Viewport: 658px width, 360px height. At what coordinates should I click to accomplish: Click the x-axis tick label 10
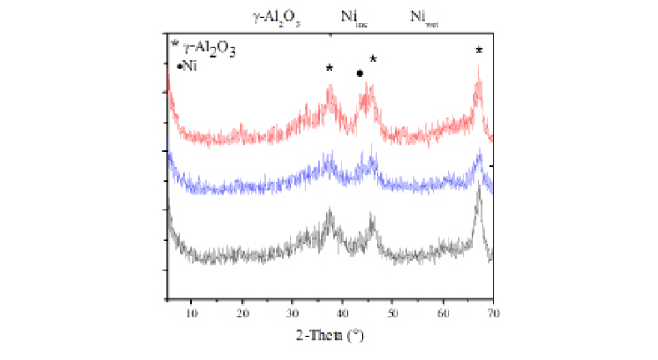coord(192,313)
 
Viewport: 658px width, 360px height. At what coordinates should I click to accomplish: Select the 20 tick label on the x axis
coord(242,313)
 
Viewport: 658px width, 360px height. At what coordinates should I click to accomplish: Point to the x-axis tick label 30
coord(292,313)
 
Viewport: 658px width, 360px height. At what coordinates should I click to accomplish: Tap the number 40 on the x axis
coord(342,313)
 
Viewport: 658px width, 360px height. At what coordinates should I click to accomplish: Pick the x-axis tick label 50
coord(392,313)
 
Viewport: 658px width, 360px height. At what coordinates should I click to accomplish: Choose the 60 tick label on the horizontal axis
coord(443,313)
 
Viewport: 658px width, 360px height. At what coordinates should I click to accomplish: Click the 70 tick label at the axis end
coord(493,313)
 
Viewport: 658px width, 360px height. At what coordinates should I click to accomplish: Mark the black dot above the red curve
coord(360,74)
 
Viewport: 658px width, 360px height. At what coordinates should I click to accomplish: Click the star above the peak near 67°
coord(478,50)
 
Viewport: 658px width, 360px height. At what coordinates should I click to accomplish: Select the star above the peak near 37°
coord(330,68)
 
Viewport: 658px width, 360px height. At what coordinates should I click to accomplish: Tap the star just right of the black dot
coord(373,59)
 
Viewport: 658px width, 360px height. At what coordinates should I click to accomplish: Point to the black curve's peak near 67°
coord(478,189)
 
